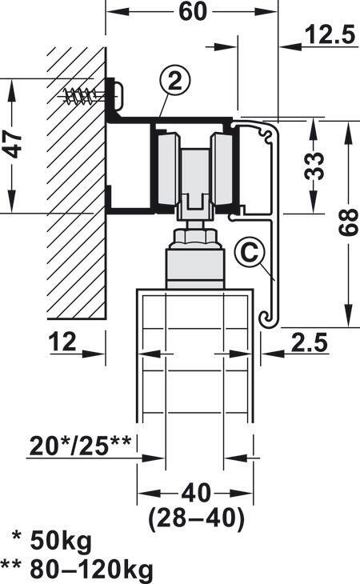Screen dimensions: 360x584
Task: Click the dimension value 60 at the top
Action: click(192, 11)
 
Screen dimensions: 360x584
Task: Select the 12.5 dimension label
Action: click(330, 35)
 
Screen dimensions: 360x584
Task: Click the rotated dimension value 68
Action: click(349, 222)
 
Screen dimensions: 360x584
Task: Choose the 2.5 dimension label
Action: click(309, 342)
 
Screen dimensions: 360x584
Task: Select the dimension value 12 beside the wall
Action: click(62, 342)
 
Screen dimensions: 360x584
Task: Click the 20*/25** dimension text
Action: click(80, 446)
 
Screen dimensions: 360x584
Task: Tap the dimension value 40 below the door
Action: click(195, 493)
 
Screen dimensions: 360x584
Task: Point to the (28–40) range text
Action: click(196, 518)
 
